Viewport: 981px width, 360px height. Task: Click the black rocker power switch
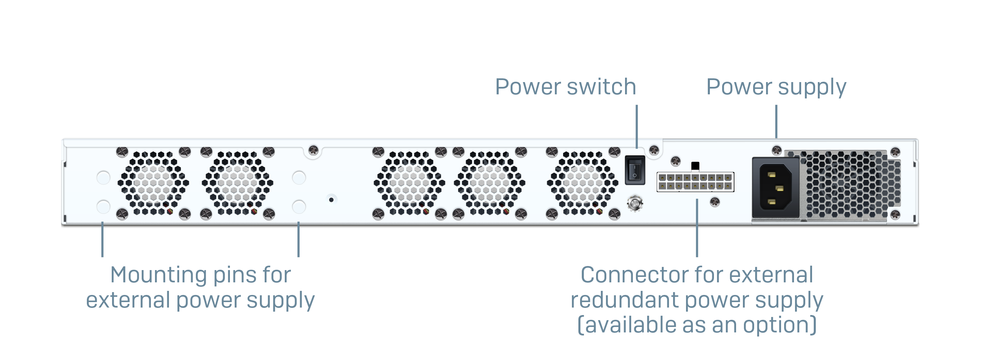coord(635,170)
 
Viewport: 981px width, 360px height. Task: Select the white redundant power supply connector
coord(695,182)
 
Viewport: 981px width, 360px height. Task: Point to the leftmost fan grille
coord(153,183)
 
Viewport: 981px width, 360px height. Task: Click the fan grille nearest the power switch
coord(582,183)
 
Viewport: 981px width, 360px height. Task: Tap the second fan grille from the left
coord(237,183)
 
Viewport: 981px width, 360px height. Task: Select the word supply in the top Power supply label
coord(812,87)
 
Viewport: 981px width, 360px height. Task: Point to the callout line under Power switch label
coord(636,126)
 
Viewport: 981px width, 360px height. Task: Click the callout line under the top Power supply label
coord(776,121)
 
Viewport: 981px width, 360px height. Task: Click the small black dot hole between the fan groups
coord(331,200)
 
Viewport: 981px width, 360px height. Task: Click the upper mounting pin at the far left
coord(103,177)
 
